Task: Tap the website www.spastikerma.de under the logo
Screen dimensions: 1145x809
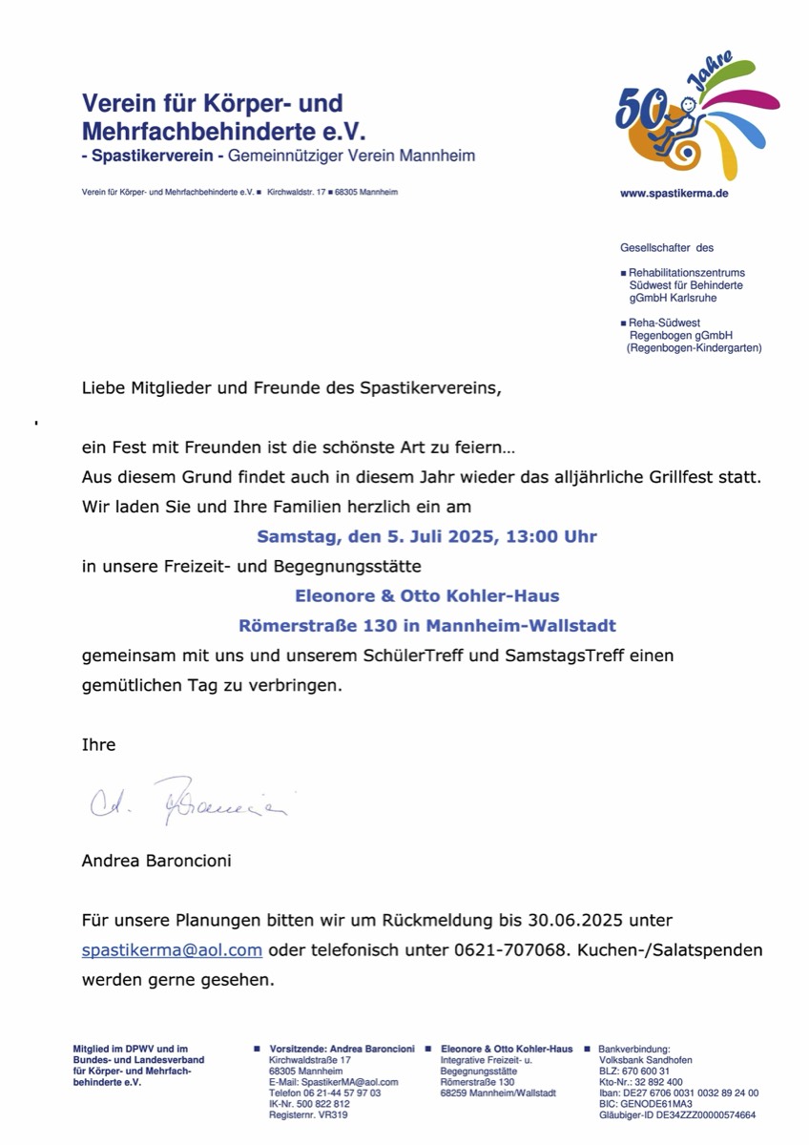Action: coord(674,193)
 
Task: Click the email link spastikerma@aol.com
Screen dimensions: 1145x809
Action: coord(172,950)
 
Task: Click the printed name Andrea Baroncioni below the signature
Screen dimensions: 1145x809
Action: coord(156,861)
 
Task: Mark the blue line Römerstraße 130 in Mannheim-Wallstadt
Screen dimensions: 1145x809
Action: coord(426,626)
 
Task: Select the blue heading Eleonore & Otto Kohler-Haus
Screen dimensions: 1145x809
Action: coord(426,595)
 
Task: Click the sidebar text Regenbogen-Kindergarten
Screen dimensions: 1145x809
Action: coord(694,348)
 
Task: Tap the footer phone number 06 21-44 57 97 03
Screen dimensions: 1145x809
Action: coord(325,1093)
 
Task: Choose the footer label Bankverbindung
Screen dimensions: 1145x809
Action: coord(633,1049)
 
